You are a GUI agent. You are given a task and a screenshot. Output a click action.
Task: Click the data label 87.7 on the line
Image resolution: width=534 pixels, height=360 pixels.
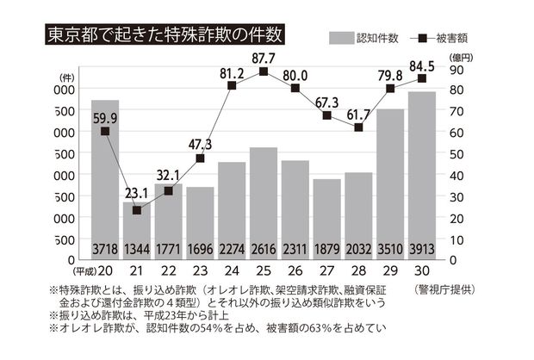click(x=264, y=58)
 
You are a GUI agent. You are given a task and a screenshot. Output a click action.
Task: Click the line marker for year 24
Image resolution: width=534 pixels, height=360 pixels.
click(x=232, y=85)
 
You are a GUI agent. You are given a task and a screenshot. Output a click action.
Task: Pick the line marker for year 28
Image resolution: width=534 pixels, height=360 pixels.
click(x=358, y=127)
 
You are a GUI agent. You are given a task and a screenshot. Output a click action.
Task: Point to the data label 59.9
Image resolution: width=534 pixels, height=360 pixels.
click(x=105, y=117)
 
